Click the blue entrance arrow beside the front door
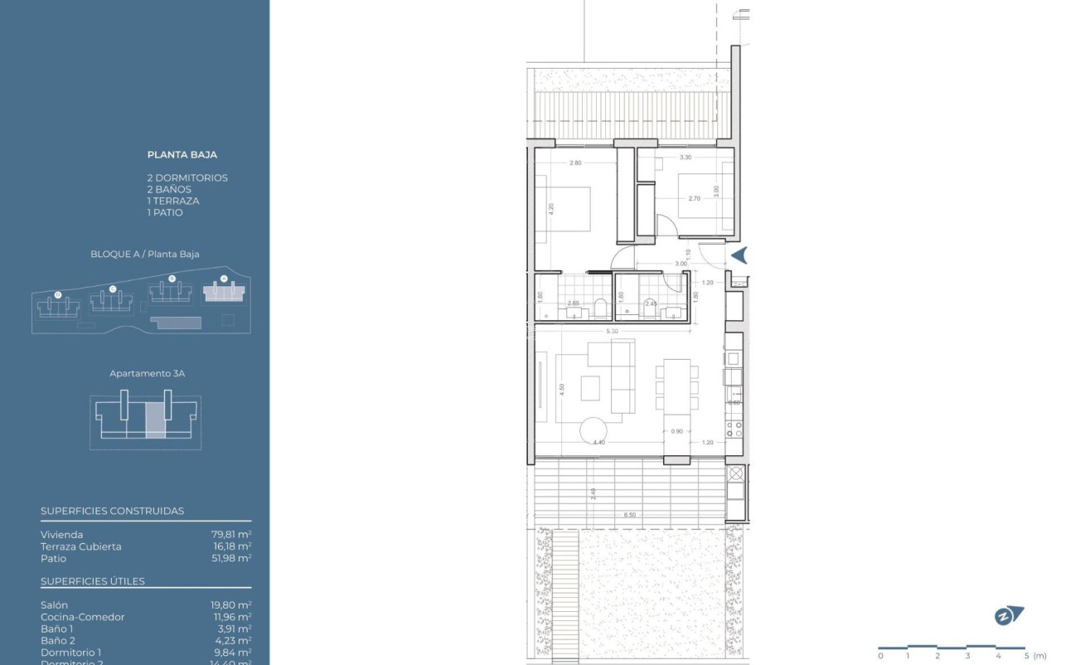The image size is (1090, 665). tap(739, 255)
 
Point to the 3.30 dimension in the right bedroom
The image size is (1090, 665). tap(685, 158)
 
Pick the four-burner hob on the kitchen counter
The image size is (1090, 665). tap(734, 429)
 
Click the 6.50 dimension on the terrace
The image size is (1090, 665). tap(631, 515)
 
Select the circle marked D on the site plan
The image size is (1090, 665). tap(57, 294)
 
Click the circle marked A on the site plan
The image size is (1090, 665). tap(223, 279)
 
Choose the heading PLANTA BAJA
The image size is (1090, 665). tap(182, 154)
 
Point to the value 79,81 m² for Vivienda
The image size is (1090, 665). tap(231, 535)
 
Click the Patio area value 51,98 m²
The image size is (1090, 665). tap(231, 558)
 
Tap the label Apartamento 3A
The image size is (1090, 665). tap(147, 374)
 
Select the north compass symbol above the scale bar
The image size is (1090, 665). tap(1008, 616)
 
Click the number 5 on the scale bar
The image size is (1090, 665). tap(1025, 656)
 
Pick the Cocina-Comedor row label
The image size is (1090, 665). tap(83, 617)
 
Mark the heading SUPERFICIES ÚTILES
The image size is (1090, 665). tap(93, 581)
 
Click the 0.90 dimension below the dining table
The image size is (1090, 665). tap(677, 431)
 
